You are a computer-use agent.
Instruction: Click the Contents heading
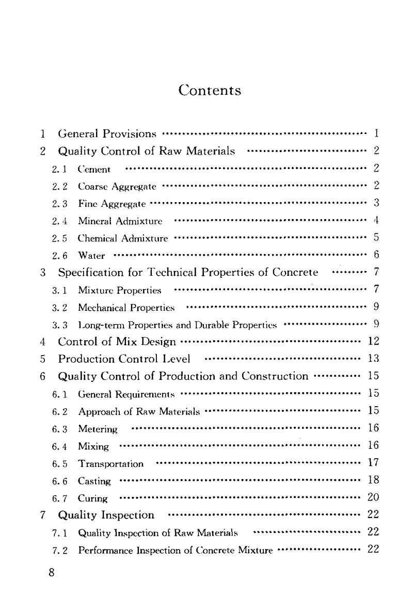tap(210, 91)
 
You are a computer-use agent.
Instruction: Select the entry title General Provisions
tap(107, 135)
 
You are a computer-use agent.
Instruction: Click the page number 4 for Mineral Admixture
tap(376, 221)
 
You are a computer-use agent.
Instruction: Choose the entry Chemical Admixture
tap(123, 239)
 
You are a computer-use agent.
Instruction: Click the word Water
tap(91, 256)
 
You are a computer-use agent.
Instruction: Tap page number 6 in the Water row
tap(376, 255)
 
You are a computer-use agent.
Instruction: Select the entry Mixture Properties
tap(119, 291)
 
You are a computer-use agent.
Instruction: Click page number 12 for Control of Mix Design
tap(373, 341)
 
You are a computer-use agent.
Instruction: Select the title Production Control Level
tap(124, 359)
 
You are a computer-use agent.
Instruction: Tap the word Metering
tap(98, 429)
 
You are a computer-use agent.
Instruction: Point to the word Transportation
tap(110, 464)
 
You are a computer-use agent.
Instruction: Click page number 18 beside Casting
tap(373, 480)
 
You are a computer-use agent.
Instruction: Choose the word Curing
tap(93, 498)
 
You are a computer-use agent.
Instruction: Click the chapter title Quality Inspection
tap(106, 515)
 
